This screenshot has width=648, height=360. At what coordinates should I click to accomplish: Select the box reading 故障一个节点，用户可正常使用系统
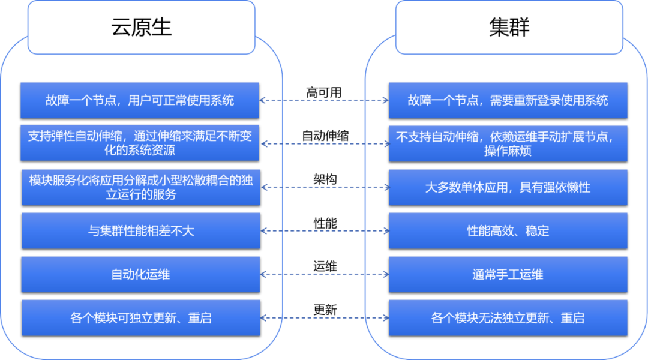pyautogui.click(x=140, y=100)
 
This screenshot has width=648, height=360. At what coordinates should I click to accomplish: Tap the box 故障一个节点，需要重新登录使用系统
pyautogui.click(x=508, y=100)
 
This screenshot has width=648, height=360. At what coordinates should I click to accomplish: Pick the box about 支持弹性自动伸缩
pyautogui.click(x=140, y=143)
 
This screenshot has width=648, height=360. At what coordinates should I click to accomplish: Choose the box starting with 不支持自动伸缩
pyautogui.click(x=508, y=143)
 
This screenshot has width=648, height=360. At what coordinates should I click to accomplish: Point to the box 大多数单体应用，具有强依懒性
pyautogui.click(x=508, y=187)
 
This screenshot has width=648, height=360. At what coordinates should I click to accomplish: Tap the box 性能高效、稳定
pyautogui.click(x=508, y=230)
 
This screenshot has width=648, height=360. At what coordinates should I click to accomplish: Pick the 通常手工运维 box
pyautogui.click(x=508, y=274)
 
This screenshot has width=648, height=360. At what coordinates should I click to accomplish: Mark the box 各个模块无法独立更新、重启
pyautogui.click(x=508, y=317)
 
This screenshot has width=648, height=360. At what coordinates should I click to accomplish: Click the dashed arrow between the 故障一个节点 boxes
pyautogui.click(x=324, y=100)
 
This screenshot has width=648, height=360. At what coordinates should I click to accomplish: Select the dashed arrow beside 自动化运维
pyautogui.click(x=324, y=274)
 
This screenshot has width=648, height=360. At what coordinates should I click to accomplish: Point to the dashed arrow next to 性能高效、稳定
pyautogui.click(x=324, y=230)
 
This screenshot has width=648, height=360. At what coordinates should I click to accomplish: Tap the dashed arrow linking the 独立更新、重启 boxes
pyautogui.click(x=324, y=317)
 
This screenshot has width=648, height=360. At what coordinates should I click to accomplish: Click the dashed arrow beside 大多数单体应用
pyautogui.click(x=324, y=187)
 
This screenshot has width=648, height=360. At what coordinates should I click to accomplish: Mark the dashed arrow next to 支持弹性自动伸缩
pyautogui.click(x=324, y=143)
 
